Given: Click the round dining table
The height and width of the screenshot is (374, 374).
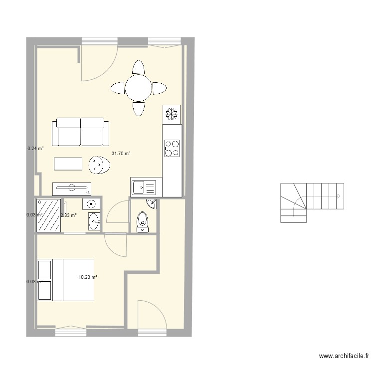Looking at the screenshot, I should (139, 89).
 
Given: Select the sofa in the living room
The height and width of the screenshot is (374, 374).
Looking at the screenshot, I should (81, 132).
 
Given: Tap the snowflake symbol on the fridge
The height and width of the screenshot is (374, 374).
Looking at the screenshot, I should (172, 114).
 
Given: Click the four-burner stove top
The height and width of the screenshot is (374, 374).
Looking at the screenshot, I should (172, 148).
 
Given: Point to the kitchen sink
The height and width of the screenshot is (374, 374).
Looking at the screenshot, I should (144, 187).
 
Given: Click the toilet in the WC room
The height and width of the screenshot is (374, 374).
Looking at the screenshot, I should (143, 221).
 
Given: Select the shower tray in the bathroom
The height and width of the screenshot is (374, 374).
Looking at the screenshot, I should (49, 215).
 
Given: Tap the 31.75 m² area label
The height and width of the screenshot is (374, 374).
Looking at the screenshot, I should (121, 154).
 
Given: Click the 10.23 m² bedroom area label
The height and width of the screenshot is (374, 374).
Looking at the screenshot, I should (88, 277).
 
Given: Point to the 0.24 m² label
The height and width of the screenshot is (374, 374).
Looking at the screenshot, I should (35, 148).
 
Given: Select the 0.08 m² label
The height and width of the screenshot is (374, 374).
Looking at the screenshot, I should (34, 281).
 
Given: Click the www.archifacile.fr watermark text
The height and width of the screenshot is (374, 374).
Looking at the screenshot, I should (344, 356).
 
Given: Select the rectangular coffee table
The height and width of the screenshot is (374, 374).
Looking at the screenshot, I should (68, 164).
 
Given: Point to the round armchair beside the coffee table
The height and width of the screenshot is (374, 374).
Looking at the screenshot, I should (98, 166).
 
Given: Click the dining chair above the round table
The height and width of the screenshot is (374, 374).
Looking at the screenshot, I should (138, 67).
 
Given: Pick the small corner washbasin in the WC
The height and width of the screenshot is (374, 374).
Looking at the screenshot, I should (151, 203).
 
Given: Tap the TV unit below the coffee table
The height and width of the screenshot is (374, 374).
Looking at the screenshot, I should (71, 188).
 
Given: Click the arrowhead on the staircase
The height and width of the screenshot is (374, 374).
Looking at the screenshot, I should (340, 196).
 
